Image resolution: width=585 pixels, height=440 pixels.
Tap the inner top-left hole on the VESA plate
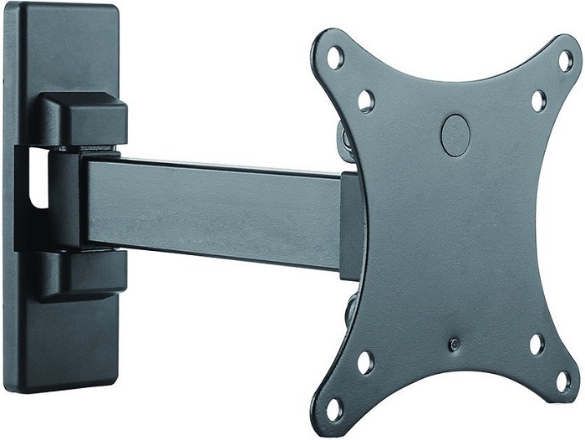pyautogui.click(x=366, y=101)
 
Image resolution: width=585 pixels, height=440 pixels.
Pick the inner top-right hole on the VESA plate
pyautogui.click(x=538, y=100)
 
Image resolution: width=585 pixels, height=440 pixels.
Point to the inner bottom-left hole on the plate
pyautogui.click(x=365, y=363)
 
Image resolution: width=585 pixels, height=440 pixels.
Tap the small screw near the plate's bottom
pyautogui.click(x=453, y=344)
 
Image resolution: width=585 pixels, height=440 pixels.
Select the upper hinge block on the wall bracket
pyautogui.click(x=83, y=120)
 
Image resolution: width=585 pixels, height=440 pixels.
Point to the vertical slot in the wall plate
pyautogui.click(x=35, y=177)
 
